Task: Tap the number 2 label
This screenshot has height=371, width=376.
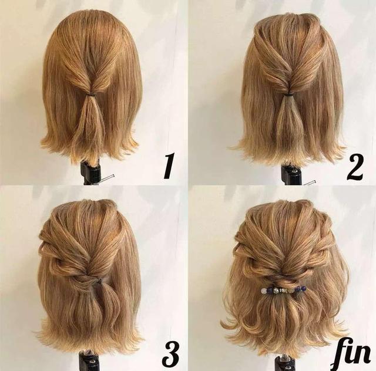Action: (x=355, y=167)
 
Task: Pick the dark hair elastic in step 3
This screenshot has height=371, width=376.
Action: (x=99, y=281)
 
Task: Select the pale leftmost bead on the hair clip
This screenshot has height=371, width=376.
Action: (x=264, y=291)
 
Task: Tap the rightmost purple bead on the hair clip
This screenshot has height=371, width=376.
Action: (x=304, y=288)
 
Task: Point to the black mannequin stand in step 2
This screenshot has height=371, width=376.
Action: (x=291, y=174)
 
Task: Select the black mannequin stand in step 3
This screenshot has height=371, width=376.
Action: (x=89, y=360)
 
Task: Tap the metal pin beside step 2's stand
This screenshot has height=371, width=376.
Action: (x=309, y=182)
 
